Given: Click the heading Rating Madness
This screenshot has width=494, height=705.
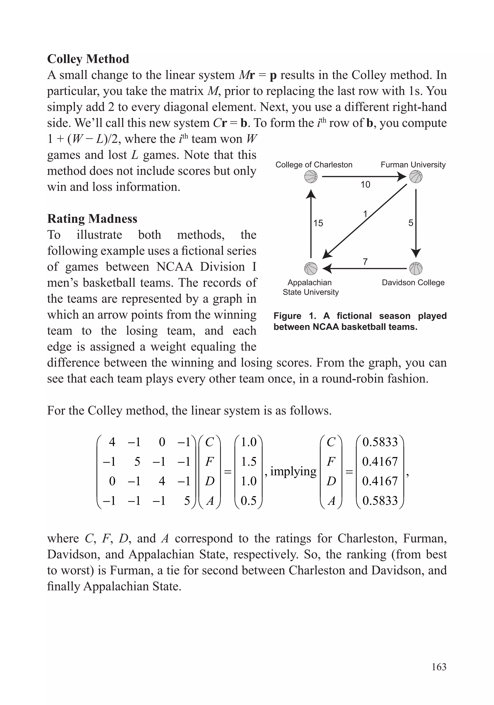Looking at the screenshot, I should click(92, 219).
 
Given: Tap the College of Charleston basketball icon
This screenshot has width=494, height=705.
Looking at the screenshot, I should click(310, 177).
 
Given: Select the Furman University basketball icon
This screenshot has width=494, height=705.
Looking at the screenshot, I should click(416, 177).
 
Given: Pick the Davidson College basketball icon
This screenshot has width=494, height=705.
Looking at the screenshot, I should click(416, 268).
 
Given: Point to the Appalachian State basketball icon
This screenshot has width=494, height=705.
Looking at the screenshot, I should click(310, 268).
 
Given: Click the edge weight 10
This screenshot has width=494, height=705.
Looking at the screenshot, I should click(365, 185).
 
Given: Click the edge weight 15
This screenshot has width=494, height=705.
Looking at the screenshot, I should click(318, 223).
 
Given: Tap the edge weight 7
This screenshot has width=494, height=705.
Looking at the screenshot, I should click(365, 262).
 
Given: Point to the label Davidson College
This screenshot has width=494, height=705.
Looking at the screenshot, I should click(413, 282).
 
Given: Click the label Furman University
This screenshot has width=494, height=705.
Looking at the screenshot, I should click(413, 165).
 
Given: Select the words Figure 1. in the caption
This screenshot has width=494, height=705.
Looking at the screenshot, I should click(295, 316).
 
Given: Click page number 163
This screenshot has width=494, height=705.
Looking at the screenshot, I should click(439, 667).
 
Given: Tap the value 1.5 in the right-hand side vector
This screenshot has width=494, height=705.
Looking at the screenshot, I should click(248, 461).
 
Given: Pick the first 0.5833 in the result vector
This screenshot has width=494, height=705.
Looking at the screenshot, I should click(380, 442).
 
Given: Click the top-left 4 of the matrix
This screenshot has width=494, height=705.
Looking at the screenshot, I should click(112, 442).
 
